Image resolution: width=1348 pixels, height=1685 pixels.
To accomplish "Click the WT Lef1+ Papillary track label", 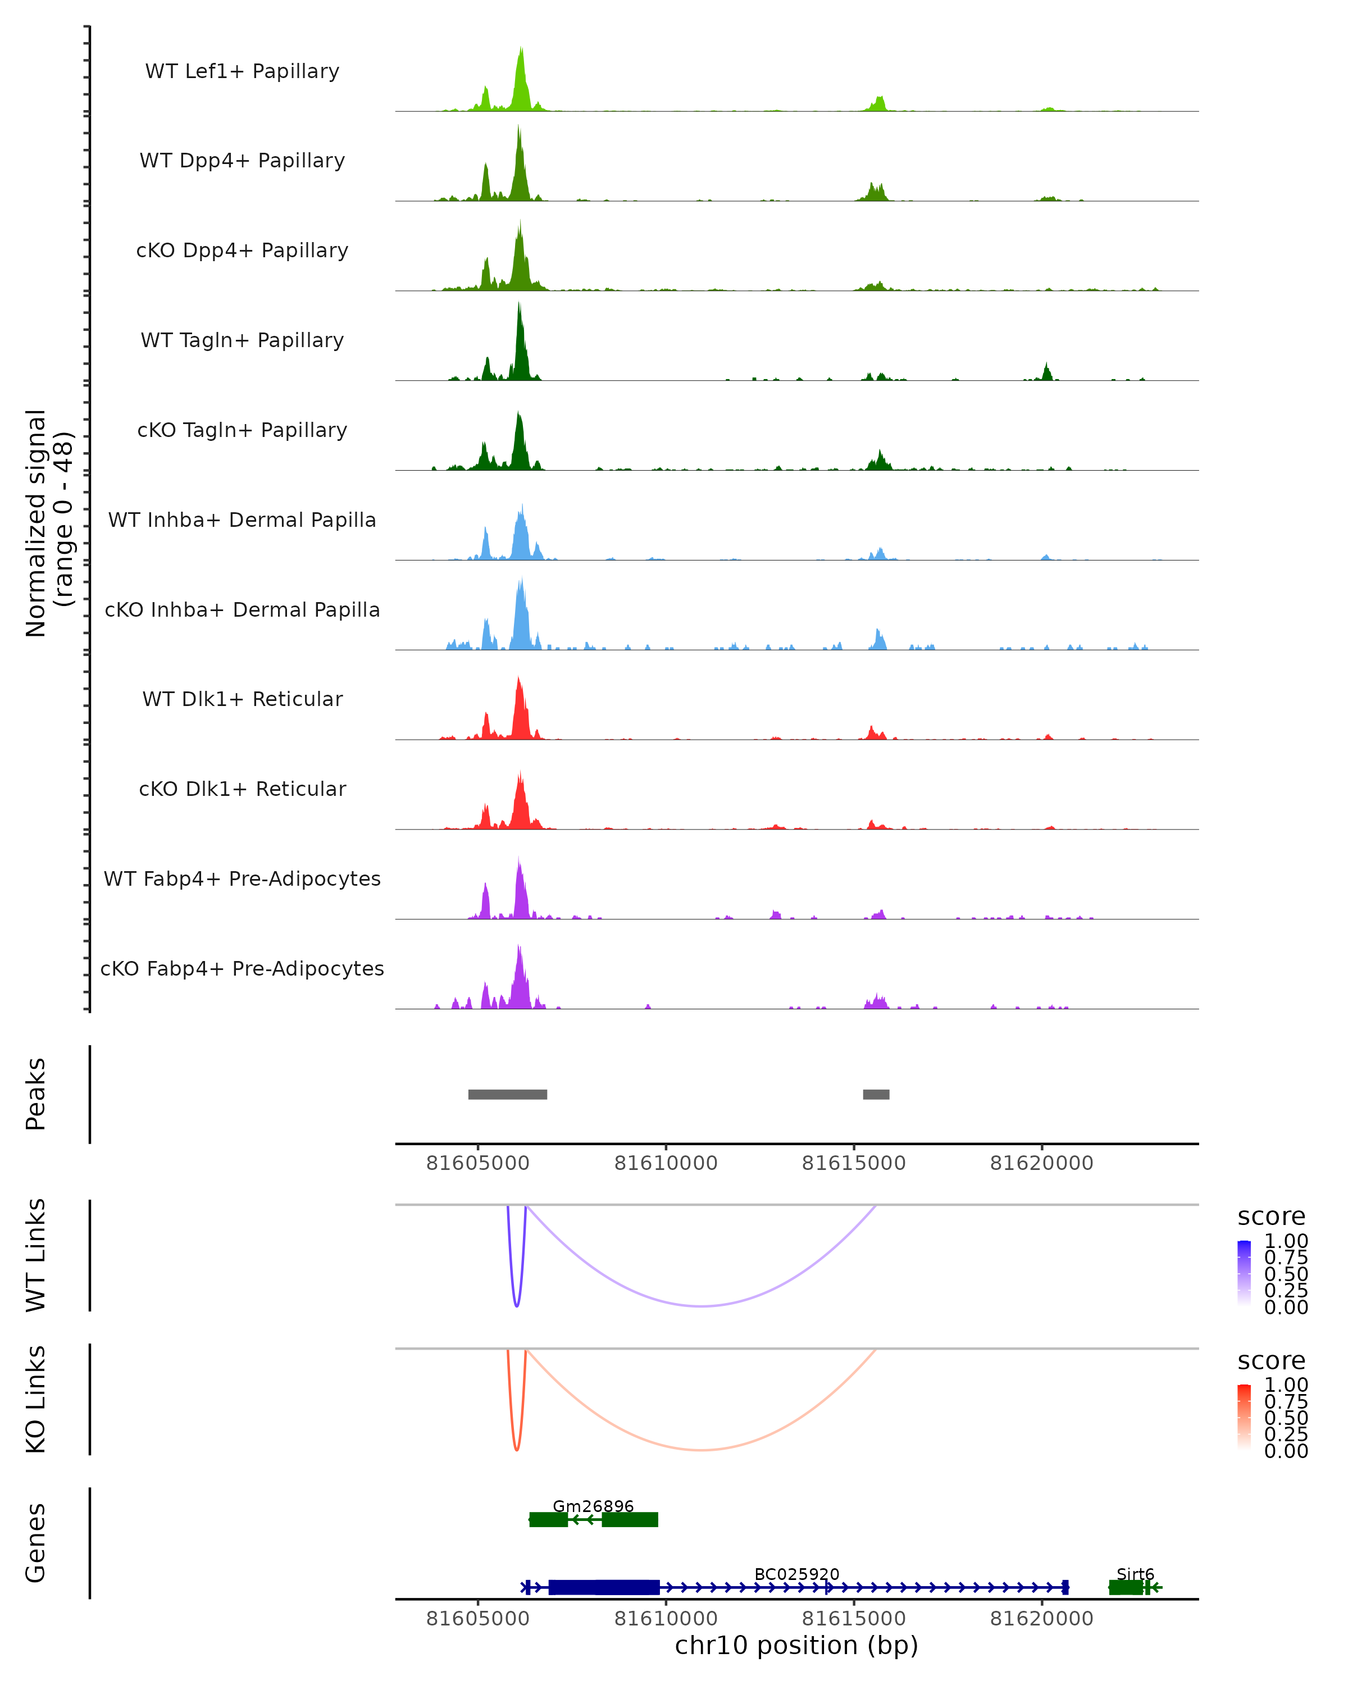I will click(242, 71).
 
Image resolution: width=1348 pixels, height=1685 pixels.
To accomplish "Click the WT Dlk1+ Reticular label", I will click(242, 699).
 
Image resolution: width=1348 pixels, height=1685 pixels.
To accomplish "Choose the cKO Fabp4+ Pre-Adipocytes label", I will click(242, 968).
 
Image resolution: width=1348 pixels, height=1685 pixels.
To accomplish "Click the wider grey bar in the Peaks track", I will click(507, 1094).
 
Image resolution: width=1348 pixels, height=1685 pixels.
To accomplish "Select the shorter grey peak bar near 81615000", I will click(876, 1094).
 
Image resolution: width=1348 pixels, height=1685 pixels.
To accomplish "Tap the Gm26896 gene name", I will click(593, 1506).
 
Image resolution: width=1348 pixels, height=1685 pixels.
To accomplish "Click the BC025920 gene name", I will click(796, 1574).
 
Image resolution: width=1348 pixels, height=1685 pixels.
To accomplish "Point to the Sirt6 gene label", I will click(1135, 1574).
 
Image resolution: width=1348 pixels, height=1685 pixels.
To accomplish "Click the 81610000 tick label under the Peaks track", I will click(666, 1163).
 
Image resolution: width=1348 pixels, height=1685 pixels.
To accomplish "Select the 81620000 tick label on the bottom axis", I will click(1042, 1619).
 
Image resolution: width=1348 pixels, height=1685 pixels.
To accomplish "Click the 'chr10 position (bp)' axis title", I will click(796, 1645).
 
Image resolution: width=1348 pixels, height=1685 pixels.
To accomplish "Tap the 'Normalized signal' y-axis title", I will click(36, 523).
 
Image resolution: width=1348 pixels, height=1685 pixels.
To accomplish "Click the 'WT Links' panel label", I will click(36, 1255).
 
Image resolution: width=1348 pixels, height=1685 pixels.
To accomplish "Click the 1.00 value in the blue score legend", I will click(1286, 1241).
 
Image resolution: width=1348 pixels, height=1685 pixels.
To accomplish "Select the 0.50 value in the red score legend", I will click(1286, 1418).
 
